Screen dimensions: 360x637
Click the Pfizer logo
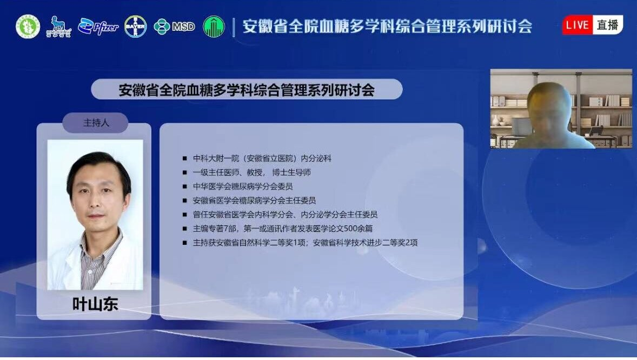click(98, 26)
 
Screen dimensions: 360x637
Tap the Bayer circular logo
click(135, 26)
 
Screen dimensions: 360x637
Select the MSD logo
click(174, 26)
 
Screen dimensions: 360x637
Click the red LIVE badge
click(578, 25)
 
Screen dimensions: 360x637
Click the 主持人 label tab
click(96, 123)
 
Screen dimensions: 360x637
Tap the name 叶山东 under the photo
click(95, 304)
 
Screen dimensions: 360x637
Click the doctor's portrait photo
click(95, 215)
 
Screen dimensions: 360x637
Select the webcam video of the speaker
click(561, 109)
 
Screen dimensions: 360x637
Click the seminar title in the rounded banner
click(247, 90)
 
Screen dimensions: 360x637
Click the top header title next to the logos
click(387, 26)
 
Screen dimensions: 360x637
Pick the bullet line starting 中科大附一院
click(262, 159)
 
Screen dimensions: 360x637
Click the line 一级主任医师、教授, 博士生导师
click(252, 173)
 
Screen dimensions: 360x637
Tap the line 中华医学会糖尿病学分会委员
click(243, 186)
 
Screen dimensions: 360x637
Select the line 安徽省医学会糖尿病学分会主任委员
click(254, 201)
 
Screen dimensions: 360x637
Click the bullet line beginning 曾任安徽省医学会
click(285, 215)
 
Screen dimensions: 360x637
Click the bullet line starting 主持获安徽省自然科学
click(305, 243)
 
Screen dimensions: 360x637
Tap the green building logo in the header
click(214, 26)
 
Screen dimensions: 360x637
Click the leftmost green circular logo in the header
click(28, 26)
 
